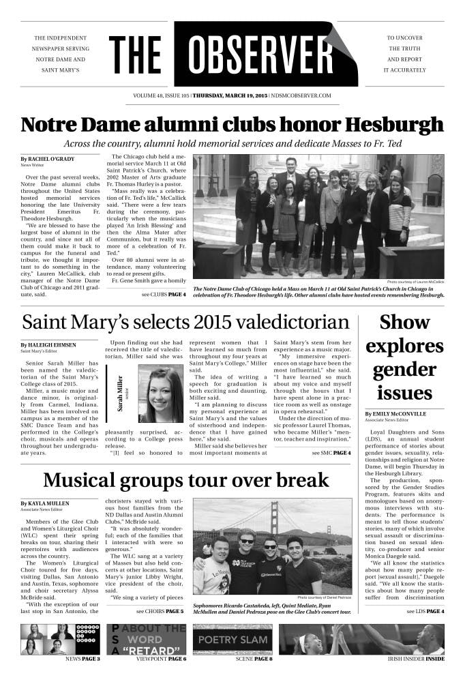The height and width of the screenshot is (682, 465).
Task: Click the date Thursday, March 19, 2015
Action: pyautogui.click(x=230, y=96)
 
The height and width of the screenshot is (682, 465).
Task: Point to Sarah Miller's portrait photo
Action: pyautogui.click(x=160, y=395)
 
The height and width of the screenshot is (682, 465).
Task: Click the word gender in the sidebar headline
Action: pyautogui.click(x=404, y=369)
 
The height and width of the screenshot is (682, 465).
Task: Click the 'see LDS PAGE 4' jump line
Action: pyautogui.click(x=425, y=611)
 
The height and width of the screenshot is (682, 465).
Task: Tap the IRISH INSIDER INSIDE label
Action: pyautogui.click(x=416, y=659)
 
